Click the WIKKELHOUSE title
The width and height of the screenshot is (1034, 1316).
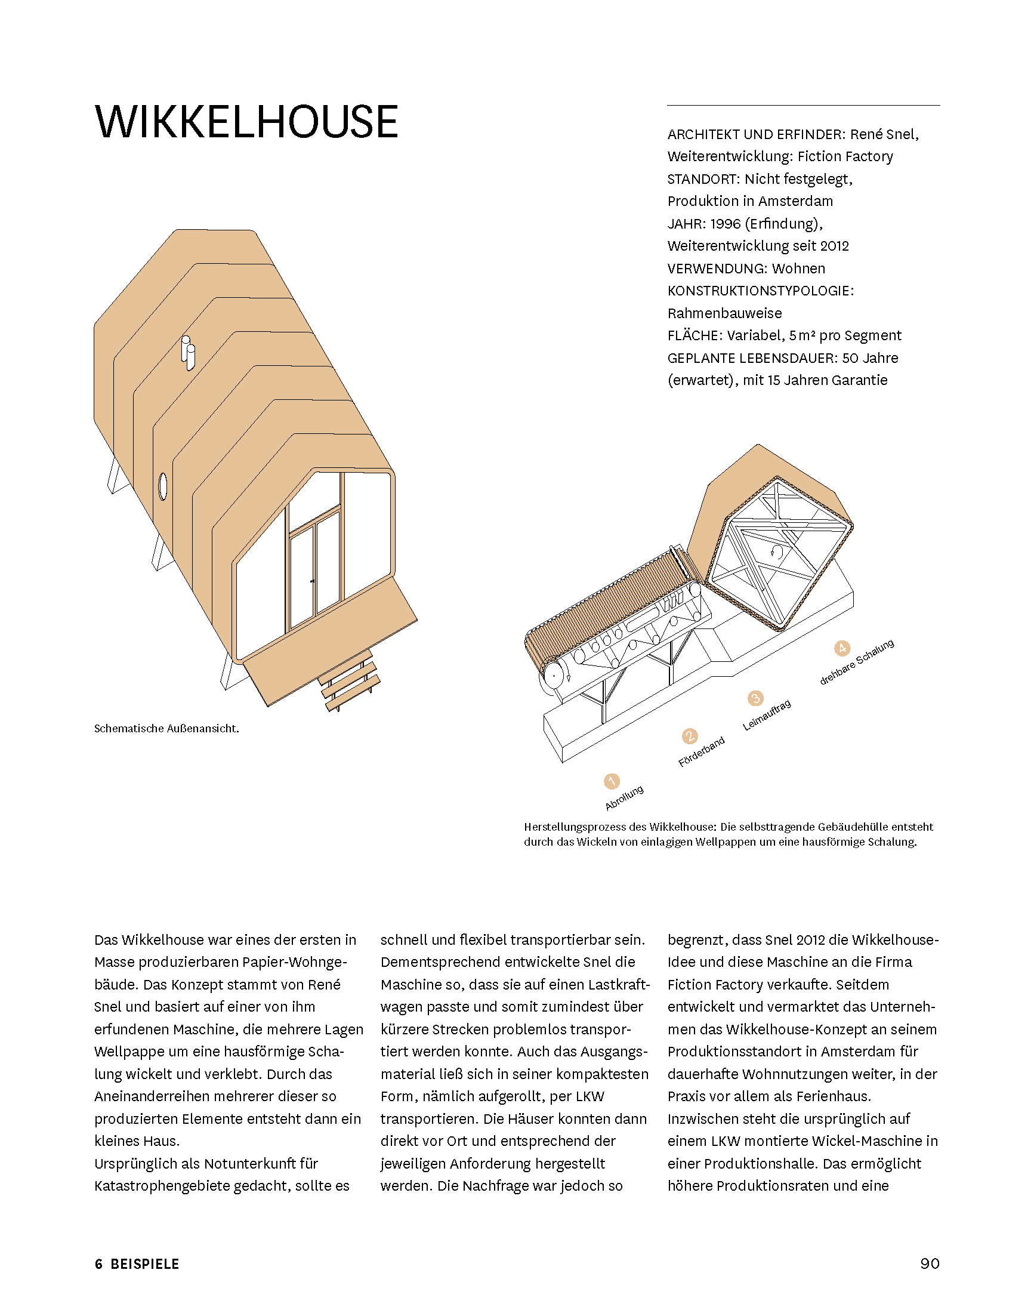[x=246, y=122]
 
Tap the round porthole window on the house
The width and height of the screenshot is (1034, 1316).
[x=163, y=486]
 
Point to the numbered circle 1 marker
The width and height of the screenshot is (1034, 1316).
[x=612, y=781]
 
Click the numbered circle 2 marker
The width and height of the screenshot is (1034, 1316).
[x=690, y=736]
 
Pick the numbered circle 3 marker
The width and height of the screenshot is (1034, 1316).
[x=755, y=698]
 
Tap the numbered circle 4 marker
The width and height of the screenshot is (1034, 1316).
[x=841, y=649]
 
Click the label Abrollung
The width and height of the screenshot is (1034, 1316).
[x=624, y=798]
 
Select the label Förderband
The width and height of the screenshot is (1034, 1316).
[x=702, y=752]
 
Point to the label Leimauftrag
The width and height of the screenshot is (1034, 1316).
[x=767, y=715]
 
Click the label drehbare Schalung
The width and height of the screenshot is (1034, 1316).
[x=857, y=662]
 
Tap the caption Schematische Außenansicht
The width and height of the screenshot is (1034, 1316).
[x=166, y=729]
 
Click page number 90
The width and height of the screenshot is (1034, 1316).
[x=929, y=1263]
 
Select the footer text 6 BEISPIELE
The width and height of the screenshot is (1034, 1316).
[x=137, y=1264]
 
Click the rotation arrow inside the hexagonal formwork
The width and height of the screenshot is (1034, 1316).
[x=777, y=551]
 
